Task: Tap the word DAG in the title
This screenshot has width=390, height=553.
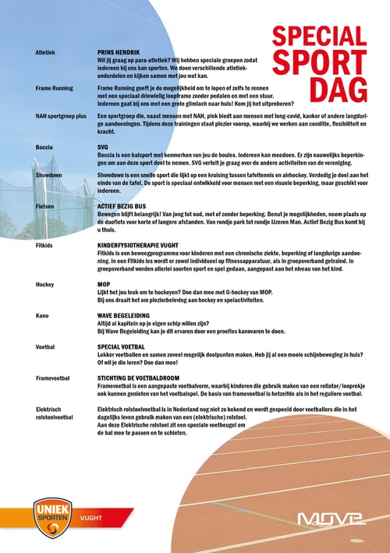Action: pos(337,88)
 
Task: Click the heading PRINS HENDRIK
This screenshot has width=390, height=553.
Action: pos(118,51)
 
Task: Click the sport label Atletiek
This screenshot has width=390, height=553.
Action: pos(46,51)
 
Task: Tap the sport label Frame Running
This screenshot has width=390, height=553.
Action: pos(55,88)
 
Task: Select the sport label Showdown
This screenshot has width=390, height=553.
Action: pos(51,175)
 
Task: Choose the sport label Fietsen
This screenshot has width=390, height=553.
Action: pos(45,207)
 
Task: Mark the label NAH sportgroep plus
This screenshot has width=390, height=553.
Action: pos(62,115)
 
